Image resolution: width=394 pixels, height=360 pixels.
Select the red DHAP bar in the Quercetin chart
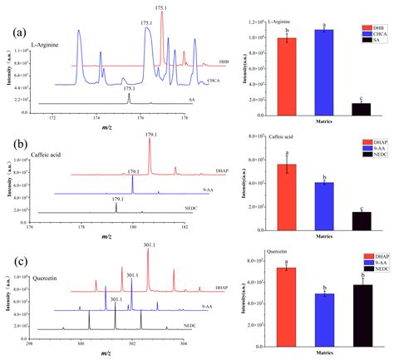[286, 306]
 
